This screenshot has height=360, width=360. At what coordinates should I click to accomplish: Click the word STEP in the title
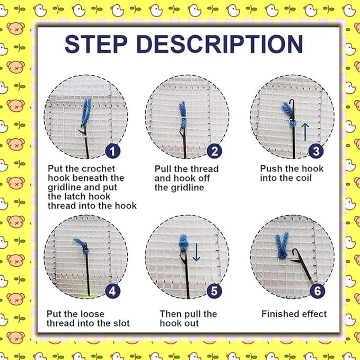96,44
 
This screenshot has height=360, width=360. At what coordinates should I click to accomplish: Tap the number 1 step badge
112,151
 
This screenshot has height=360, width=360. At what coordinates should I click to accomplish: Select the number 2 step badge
214,151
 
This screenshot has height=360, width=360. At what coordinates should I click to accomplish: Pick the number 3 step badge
316,151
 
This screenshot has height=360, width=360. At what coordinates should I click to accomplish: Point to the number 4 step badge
112,291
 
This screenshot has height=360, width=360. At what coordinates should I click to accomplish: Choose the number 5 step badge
214,291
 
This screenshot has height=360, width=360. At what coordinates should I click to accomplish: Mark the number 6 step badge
317,291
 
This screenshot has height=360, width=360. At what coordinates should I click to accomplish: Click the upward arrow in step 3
305,132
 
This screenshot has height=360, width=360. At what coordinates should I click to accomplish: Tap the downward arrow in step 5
196,252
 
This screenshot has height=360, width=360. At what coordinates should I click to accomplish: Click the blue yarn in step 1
86,112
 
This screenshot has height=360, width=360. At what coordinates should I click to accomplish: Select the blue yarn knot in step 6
282,245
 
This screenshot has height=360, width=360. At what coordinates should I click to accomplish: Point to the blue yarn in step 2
183,115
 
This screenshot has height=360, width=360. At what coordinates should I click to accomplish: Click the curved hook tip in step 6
295,251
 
